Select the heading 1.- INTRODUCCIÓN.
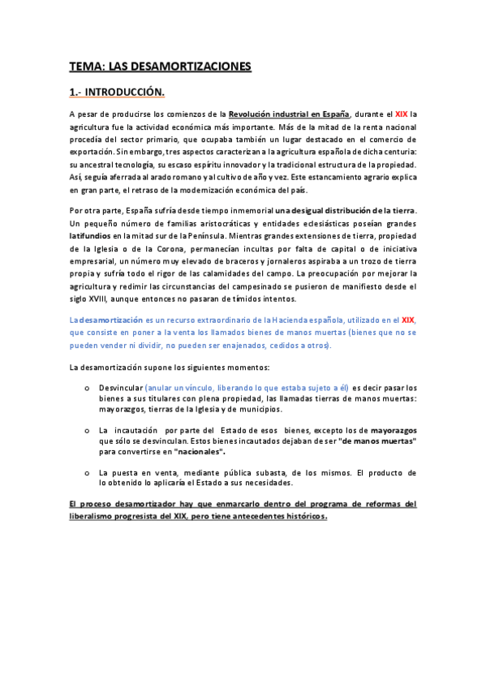118,92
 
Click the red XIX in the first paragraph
402,114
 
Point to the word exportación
91,151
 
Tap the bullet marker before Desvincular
87,388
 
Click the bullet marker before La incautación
87,429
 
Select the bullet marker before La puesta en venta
87,471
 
